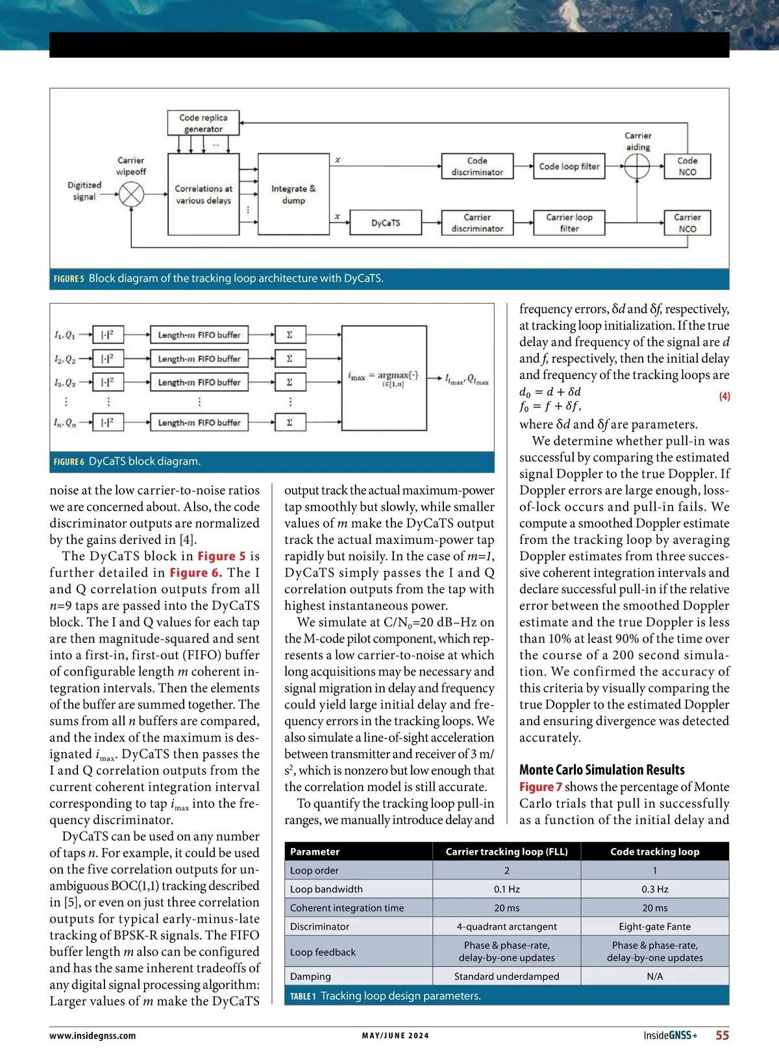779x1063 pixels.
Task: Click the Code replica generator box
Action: [x=203, y=123]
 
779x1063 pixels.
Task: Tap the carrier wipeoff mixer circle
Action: [x=132, y=194]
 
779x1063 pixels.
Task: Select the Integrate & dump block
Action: [x=293, y=194]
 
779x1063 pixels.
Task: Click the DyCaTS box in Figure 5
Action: [x=386, y=223]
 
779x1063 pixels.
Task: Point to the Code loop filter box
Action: [x=569, y=166]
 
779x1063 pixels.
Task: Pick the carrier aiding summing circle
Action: [x=637, y=167]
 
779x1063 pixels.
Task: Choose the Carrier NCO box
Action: [x=687, y=223]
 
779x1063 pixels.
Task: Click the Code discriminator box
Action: [x=477, y=166]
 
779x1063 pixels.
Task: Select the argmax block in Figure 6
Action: [x=384, y=378]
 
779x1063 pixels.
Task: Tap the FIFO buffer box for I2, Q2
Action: [x=199, y=358]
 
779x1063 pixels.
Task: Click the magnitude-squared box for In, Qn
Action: [x=108, y=422]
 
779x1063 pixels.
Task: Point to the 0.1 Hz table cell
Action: [x=506, y=889]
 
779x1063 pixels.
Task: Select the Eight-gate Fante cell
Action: [x=654, y=927]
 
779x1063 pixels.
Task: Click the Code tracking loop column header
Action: [x=654, y=851]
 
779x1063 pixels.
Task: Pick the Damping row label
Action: [x=310, y=976]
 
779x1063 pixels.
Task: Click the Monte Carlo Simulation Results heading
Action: [x=602, y=770]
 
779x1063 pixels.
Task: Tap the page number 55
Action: [x=722, y=1035]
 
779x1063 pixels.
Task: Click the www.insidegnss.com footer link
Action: [x=93, y=1036]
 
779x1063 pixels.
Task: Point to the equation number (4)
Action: [x=724, y=397]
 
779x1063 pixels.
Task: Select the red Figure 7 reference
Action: [x=540, y=787]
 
